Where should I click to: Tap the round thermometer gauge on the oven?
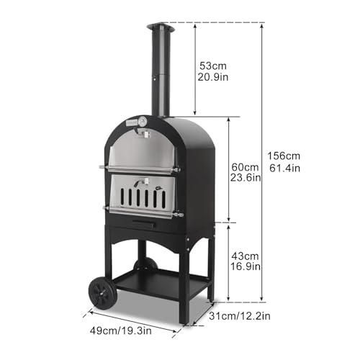point(143,121)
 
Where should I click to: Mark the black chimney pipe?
point(159,72)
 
